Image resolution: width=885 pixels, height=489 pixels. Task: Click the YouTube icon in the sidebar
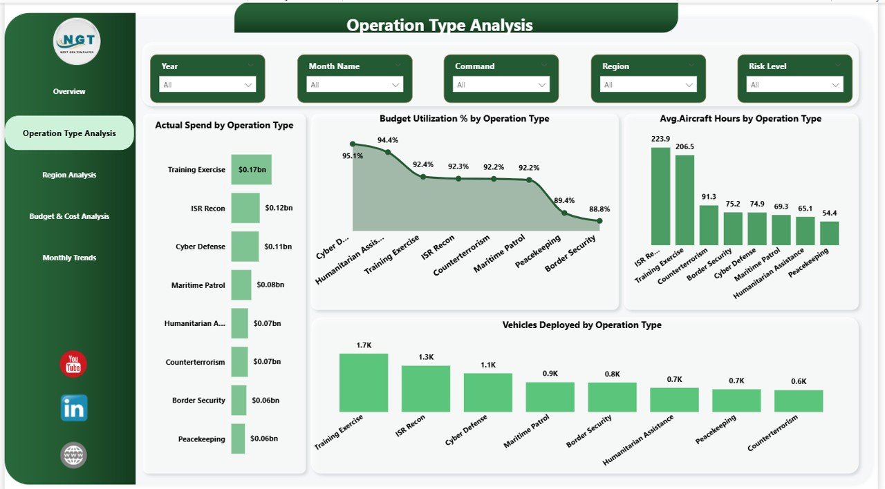pyautogui.click(x=73, y=365)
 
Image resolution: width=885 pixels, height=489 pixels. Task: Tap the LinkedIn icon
pyautogui.click(x=73, y=408)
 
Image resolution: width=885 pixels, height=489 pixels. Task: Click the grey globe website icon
pyautogui.click(x=73, y=455)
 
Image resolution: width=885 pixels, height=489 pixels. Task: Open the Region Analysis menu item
pyautogui.click(x=69, y=175)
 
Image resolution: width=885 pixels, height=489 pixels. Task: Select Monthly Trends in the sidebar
pyautogui.click(x=69, y=258)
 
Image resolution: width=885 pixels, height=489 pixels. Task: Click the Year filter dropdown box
pyautogui.click(x=207, y=84)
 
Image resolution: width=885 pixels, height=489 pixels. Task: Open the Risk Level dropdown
pyautogui.click(x=794, y=84)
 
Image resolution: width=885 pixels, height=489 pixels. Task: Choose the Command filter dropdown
pyautogui.click(x=501, y=84)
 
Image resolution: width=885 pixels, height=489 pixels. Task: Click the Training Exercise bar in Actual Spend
pyautogui.click(x=251, y=169)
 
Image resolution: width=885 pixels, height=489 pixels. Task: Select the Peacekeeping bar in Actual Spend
pyautogui.click(x=239, y=439)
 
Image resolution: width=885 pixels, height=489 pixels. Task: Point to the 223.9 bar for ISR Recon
pyautogui.click(x=660, y=196)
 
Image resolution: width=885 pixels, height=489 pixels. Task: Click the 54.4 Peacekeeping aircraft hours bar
pyautogui.click(x=829, y=233)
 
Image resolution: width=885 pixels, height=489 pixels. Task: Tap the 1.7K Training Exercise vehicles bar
pyautogui.click(x=364, y=383)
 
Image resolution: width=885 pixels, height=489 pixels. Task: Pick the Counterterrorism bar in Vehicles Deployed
pyautogui.click(x=799, y=401)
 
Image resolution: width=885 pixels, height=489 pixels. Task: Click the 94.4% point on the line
pyautogui.click(x=388, y=152)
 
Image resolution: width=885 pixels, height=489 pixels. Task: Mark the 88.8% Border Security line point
pyautogui.click(x=599, y=221)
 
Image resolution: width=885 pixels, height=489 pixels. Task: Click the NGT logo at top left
pyautogui.click(x=77, y=41)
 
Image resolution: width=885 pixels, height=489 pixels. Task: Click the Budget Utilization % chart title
pyautogui.click(x=464, y=119)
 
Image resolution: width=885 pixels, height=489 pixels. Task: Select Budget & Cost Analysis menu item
pyautogui.click(x=69, y=216)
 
